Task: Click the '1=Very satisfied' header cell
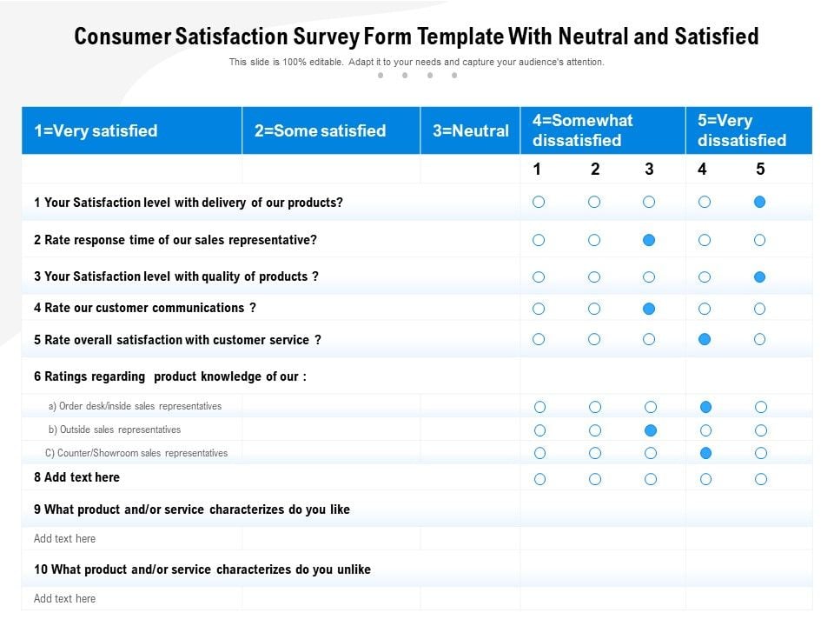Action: pyautogui.click(x=96, y=131)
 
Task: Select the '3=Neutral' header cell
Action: pyautogui.click(x=470, y=131)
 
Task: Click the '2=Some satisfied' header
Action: pyautogui.click(x=320, y=131)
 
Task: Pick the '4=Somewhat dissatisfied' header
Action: pyautogui.click(x=582, y=130)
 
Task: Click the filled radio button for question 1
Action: pyautogui.click(x=760, y=202)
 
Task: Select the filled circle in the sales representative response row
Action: pyautogui.click(x=649, y=240)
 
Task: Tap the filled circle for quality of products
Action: pyautogui.click(x=760, y=277)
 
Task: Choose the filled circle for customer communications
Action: pyautogui.click(x=649, y=309)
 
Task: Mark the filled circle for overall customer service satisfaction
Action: pyautogui.click(x=705, y=339)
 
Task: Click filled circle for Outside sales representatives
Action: pyautogui.click(x=651, y=430)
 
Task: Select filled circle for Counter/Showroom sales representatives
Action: pyautogui.click(x=706, y=453)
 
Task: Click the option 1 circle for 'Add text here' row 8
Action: pyautogui.click(x=539, y=479)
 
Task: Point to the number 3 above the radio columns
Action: pyautogui.click(x=649, y=170)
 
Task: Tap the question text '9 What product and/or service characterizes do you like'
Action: pyautogui.click(x=192, y=509)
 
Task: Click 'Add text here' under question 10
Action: pyautogui.click(x=65, y=598)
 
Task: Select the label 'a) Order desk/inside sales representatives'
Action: pyautogui.click(x=135, y=406)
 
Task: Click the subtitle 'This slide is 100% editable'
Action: pyautogui.click(x=287, y=63)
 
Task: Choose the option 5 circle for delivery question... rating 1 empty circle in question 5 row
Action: pyautogui.click(x=539, y=339)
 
